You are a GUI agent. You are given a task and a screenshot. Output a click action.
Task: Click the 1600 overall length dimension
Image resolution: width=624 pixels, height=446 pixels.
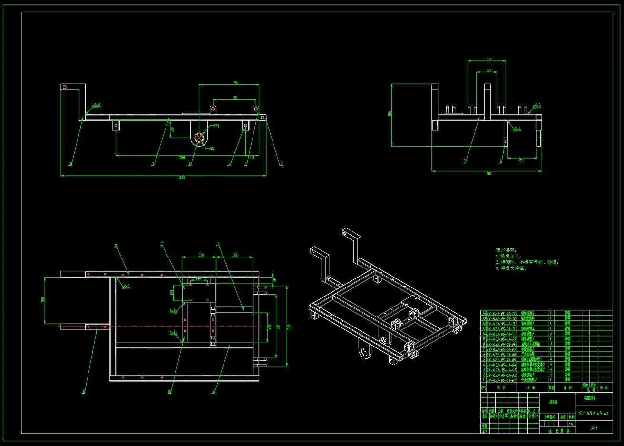point(181,178)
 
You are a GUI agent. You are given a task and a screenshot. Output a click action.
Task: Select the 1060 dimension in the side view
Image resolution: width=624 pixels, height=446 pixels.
point(181,158)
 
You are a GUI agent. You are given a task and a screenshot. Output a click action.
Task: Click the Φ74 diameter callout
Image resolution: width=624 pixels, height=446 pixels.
point(216,126)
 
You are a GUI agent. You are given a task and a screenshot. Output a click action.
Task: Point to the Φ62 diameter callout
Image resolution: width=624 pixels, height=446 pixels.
point(212,149)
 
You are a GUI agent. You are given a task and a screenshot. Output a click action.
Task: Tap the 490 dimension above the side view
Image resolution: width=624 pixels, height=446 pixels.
point(235,83)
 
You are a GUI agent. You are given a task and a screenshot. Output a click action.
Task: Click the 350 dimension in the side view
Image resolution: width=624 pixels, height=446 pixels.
point(235,98)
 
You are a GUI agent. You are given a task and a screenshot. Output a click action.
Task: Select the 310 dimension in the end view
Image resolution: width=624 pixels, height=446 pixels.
point(489,59)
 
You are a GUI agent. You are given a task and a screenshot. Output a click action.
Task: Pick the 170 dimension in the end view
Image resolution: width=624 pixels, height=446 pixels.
point(489,70)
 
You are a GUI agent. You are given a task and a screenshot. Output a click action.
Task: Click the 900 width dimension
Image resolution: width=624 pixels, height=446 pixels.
point(489,173)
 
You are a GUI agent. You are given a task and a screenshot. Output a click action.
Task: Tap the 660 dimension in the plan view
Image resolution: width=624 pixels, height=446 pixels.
point(289,327)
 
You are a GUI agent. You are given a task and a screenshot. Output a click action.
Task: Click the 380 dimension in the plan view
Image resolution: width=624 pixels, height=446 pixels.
point(43,300)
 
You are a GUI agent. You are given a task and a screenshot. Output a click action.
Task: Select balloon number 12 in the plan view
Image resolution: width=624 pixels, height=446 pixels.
point(116,246)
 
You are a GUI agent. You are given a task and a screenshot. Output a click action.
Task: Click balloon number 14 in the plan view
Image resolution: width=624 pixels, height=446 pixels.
point(218,244)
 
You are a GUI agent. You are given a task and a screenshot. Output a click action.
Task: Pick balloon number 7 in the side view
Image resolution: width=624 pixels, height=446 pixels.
point(153,164)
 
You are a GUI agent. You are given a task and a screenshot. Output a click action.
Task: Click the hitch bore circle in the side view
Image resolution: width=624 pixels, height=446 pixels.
point(199,138)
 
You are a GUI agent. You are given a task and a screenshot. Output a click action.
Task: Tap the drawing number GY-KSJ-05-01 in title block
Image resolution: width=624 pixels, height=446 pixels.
point(594,413)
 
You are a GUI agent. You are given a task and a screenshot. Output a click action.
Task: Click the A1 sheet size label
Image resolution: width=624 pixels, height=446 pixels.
point(594,427)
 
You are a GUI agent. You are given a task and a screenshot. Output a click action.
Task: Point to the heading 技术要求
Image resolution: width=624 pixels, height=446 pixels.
point(506,250)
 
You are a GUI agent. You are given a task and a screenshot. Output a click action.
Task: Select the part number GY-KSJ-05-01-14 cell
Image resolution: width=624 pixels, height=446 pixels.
point(501,313)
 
